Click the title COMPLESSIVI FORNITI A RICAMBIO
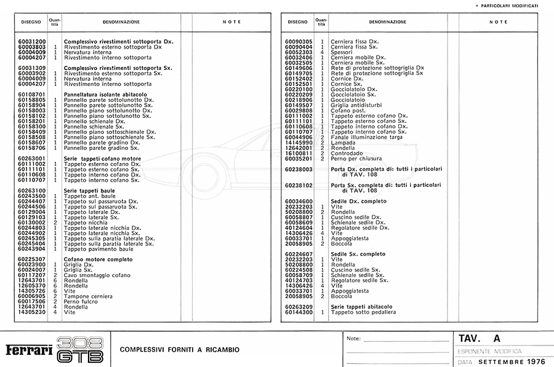(180, 350)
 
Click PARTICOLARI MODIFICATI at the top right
(510, 6)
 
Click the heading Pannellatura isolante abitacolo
(105, 94)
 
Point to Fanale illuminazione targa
(366, 136)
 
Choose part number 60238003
(299, 169)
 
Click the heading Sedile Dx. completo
(358, 202)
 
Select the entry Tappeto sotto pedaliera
(363, 312)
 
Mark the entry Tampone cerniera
(89, 296)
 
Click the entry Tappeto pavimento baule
(98, 249)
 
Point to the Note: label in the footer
(353, 339)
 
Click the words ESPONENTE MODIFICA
(489, 351)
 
